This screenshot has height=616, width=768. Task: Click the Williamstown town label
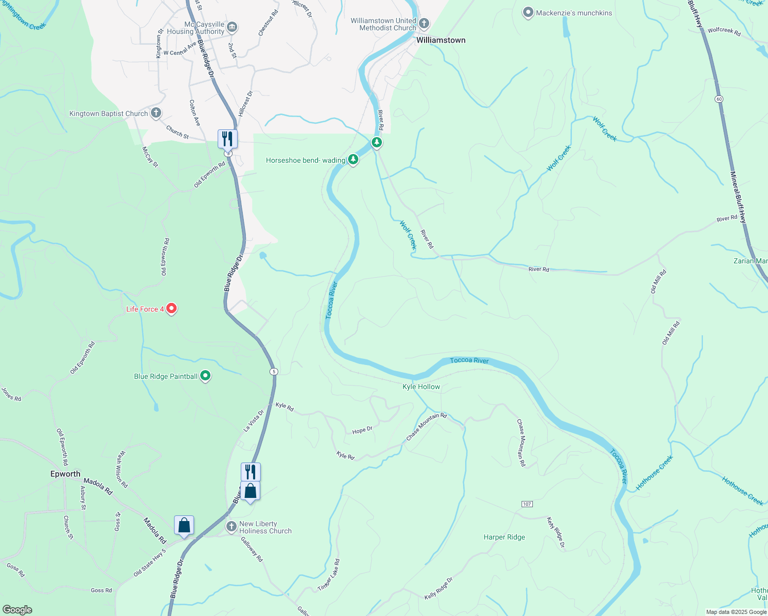tap(440, 40)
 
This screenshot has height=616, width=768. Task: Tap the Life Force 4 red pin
tap(172, 309)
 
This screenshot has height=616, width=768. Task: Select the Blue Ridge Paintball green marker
tap(205, 376)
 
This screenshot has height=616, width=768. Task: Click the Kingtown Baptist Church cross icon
tap(156, 113)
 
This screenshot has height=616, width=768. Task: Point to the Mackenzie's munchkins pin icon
tap(528, 13)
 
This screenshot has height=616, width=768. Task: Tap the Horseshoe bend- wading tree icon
tap(353, 160)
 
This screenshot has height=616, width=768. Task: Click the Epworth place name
tap(65, 474)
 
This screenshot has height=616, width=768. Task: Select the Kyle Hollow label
tap(421, 387)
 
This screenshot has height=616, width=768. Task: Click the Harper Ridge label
tap(504, 537)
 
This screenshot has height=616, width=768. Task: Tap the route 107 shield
tap(527, 504)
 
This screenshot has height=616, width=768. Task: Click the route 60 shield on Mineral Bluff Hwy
tap(718, 99)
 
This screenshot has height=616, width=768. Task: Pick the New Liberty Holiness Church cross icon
tap(232, 527)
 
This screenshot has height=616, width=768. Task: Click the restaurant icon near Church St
tap(227, 139)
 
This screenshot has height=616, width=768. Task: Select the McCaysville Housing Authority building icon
tap(232, 27)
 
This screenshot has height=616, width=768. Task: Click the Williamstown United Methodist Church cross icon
tap(424, 23)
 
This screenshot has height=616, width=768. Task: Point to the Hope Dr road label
tap(362, 430)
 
